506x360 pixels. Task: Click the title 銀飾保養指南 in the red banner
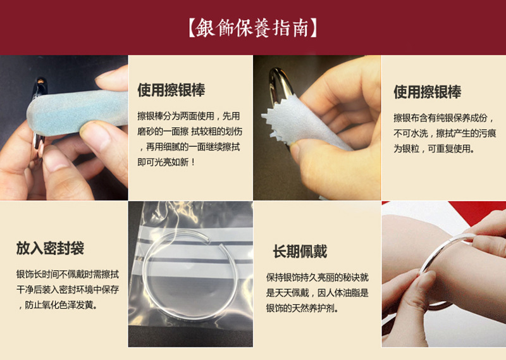tap(252, 28)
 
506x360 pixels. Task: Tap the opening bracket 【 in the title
tap(191, 28)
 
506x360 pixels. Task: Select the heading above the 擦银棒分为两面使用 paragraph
tap(171, 90)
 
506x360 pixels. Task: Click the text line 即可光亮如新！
tap(166, 162)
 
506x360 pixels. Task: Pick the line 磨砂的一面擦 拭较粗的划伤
tap(190, 132)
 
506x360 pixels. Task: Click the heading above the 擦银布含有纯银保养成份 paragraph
tap(428, 92)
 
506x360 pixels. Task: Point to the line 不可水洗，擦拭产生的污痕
tap(445, 133)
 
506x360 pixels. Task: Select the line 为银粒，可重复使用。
tap(434, 149)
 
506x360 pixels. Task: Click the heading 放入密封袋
tap(50, 248)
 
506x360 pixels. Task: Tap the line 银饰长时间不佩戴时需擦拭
tap(68, 275)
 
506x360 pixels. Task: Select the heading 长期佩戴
tap(300, 251)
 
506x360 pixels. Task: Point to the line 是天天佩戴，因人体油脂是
tap(318, 293)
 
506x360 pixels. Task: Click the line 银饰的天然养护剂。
tap(302, 308)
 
